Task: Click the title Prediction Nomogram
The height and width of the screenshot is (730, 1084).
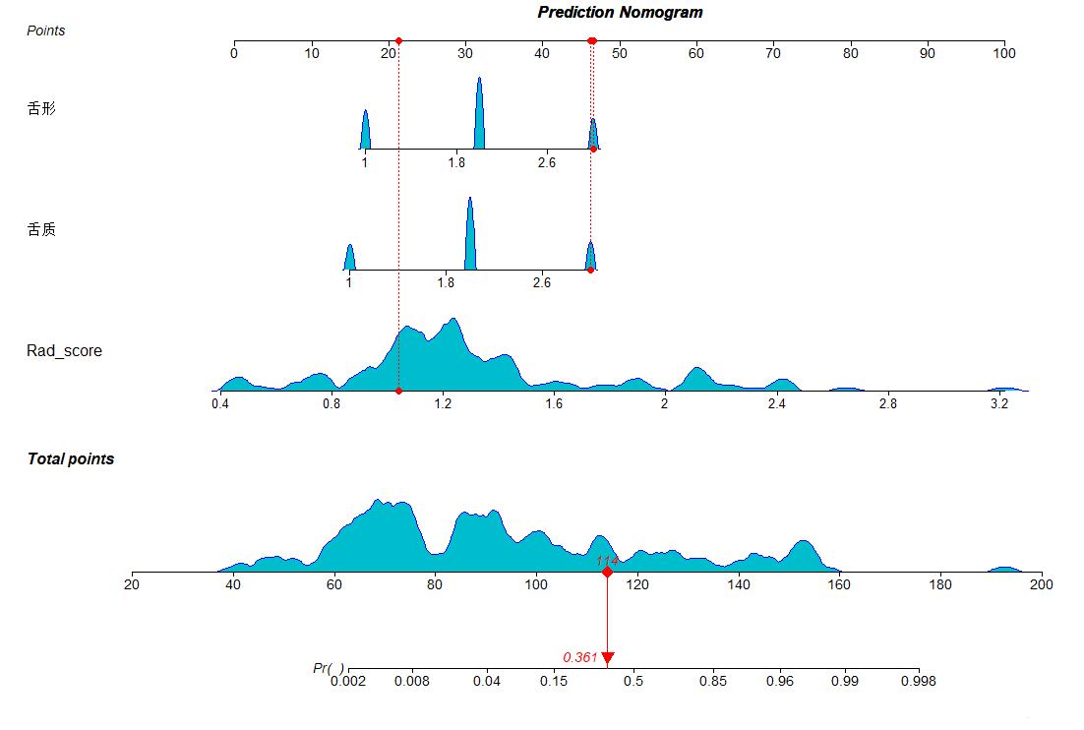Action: click(x=620, y=13)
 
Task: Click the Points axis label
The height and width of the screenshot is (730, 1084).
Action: click(x=46, y=30)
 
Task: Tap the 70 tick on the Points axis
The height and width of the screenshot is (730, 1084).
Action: click(x=773, y=42)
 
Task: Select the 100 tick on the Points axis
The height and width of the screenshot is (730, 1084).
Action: click(x=1003, y=42)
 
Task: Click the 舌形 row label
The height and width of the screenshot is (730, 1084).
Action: click(x=41, y=109)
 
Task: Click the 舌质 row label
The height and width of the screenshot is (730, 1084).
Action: click(x=41, y=230)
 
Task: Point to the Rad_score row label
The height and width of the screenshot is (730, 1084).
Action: click(x=64, y=350)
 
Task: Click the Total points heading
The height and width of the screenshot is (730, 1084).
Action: click(x=71, y=459)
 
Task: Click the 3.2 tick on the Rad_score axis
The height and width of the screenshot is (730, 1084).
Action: click(x=999, y=393)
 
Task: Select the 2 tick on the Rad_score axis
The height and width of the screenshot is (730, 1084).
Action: click(x=664, y=393)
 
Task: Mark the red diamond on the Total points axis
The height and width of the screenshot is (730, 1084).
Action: click(x=607, y=572)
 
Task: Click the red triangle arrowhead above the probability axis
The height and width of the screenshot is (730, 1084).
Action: click(x=607, y=657)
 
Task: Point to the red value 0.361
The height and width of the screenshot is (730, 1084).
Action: click(x=580, y=657)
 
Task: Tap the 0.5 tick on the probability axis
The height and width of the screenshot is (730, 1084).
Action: click(x=633, y=669)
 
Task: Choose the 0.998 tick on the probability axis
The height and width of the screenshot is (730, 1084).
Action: click(x=918, y=669)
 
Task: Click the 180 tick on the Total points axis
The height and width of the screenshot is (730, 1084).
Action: click(x=940, y=573)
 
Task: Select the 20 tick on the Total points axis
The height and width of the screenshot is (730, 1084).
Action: click(x=132, y=573)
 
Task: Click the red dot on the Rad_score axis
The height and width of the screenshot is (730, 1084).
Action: click(x=398, y=391)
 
